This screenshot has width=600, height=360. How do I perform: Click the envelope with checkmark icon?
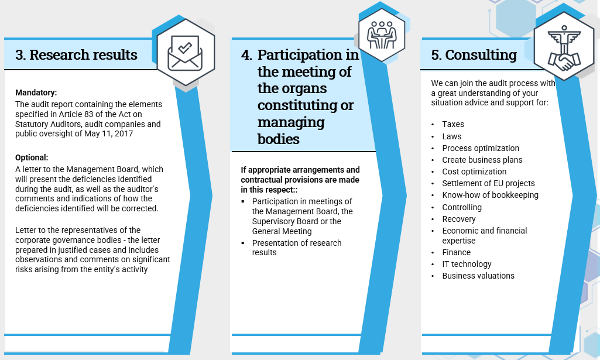tap(185, 53)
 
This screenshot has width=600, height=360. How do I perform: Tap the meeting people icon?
tap(382, 35)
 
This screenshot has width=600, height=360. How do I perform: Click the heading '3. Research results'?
tap(76, 54)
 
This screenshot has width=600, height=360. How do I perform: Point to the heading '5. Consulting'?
tap(474, 54)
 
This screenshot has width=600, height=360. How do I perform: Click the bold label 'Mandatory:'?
tap(36, 92)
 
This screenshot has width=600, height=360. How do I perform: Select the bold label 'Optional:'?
tap(32, 157)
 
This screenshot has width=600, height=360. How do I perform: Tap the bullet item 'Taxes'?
tap(453, 124)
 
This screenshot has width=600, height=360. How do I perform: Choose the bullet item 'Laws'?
tap(452, 136)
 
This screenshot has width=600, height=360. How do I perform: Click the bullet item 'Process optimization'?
tap(481, 149)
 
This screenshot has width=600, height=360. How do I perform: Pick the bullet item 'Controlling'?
tap(462, 207)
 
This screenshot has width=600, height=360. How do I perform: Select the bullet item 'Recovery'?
tap(459, 219)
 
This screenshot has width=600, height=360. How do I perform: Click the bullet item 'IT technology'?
tap(467, 265)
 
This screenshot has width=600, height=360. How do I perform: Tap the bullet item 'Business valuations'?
tap(478, 276)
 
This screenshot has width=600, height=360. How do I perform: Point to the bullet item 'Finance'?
tap(457, 252)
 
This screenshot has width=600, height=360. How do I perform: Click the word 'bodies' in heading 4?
tap(279, 139)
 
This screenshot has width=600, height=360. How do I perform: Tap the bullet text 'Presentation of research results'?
tap(297, 248)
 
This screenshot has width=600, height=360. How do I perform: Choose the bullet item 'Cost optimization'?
tap(474, 172)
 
